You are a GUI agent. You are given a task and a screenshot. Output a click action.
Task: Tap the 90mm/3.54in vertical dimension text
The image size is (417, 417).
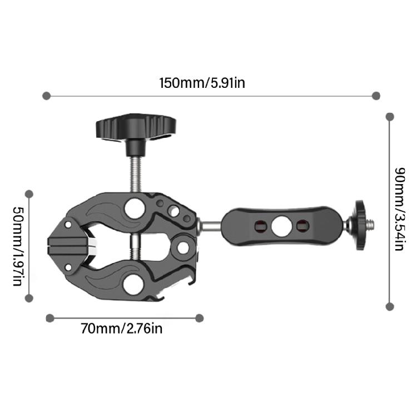point(398,209)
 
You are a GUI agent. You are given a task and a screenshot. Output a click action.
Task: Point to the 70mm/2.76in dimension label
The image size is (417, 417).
point(122,329)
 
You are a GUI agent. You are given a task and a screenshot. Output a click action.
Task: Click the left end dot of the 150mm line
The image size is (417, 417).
point(47,96)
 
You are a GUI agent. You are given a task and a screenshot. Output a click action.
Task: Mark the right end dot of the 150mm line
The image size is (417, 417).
point(376,96)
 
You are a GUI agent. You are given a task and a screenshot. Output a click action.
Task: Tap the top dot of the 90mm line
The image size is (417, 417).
point(390,117)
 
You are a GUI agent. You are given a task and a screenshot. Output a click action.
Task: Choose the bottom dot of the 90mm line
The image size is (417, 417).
point(390,306)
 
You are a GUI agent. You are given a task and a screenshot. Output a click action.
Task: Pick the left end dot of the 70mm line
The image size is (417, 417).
point(50,318)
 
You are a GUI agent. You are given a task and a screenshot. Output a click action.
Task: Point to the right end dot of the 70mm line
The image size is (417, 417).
point(200,318)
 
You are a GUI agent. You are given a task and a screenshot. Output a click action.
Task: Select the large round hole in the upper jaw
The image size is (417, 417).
point(133,209)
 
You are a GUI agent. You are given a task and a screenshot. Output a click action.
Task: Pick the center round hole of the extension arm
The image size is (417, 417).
point(279,226)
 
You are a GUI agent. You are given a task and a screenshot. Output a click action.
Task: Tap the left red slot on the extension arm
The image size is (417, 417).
point(257,226)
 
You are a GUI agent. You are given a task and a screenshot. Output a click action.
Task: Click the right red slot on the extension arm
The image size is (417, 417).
point(302,226)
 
